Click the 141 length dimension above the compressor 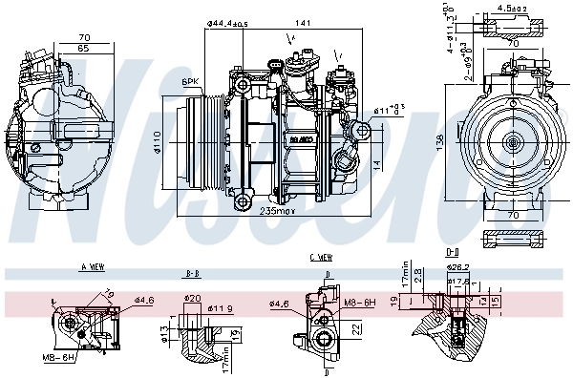[303, 22]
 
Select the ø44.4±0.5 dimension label [227, 22]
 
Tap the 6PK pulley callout [190, 82]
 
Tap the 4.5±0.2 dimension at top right [513, 10]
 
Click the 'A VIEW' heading [92, 267]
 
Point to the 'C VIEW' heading [320, 257]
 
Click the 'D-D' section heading [452, 252]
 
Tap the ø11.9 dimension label [223, 308]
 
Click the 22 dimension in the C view [352, 329]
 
